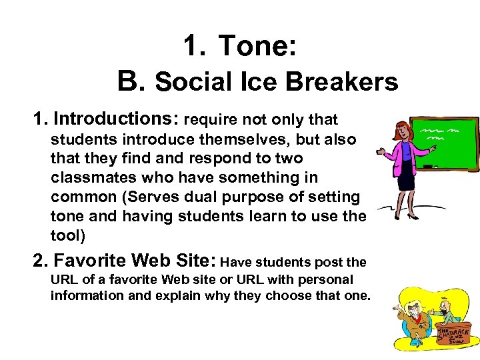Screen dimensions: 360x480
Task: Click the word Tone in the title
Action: (256, 46)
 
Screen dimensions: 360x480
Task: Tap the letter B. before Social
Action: (131, 81)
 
